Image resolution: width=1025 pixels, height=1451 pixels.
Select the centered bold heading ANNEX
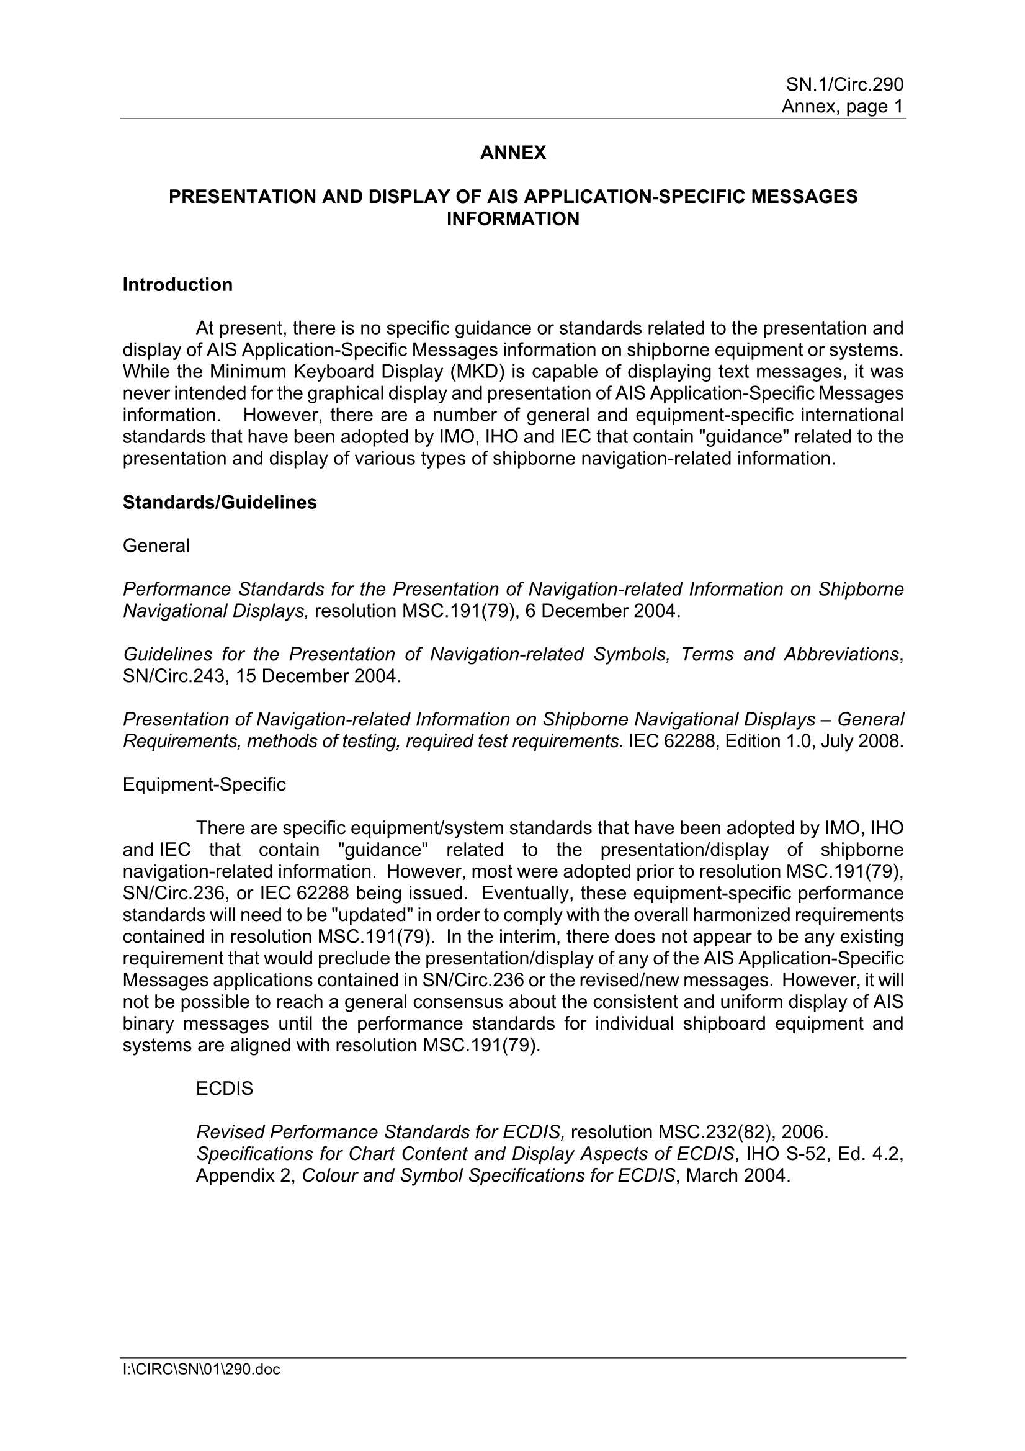512,153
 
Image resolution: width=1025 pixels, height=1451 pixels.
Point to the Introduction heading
177,285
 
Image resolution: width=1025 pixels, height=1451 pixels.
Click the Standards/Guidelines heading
219,503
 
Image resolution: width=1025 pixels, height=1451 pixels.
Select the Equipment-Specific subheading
204,784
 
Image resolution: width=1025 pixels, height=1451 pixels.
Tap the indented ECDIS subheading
225,1089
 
